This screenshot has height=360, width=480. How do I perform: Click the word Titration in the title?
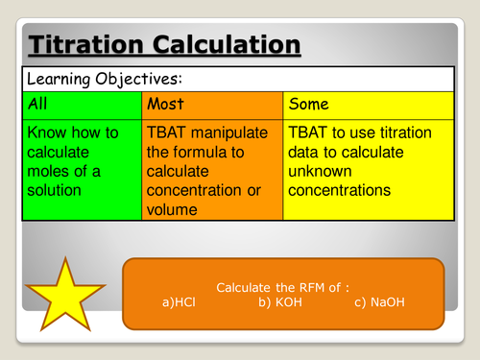(x=85, y=44)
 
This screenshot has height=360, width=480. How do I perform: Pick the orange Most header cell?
(x=211, y=102)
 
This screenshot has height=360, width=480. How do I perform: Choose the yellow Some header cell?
(x=367, y=102)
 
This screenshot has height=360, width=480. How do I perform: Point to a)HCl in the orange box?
(x=185, y=302)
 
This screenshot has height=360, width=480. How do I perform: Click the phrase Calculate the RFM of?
(x=270, y=287)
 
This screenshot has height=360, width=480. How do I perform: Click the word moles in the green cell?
(x=53, y=172)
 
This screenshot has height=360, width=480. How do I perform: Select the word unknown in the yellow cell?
(x=322, y=172)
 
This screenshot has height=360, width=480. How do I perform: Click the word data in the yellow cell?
(x=307, y=151)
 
